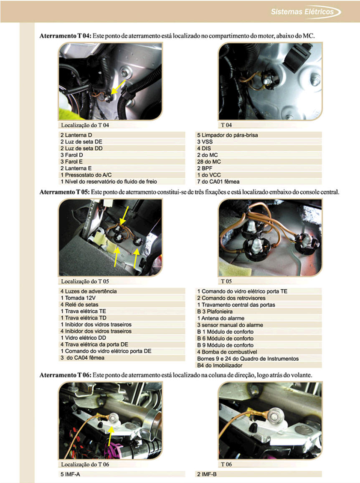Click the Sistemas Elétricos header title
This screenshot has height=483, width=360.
pyautogui.click(x=302, y=12)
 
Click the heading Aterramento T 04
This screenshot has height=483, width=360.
pyautogui.click(x=65, y=36)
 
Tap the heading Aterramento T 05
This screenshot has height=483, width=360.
pyautogui.click(x=65, y=192)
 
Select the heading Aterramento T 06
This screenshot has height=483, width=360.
pyautogui.click(x=65, y=375)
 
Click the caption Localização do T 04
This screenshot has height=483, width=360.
pyautogui.click(x=85, y=125)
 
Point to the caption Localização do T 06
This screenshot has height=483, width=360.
pyautogui.click(x=85, y=464)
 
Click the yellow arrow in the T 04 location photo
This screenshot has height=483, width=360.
pyautogui.click(x=118, y=87)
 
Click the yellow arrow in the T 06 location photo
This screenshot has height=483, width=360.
pyautogui.click(x=110, y=434)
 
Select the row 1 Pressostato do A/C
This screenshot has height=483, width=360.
pyautogui.click(x=86, y=174)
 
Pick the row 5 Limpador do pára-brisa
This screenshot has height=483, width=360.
pyautogui.click(x=228, y=135)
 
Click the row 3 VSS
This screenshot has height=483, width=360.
pyautogui.click(x=205, y=142)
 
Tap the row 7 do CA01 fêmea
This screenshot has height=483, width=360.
pyautogui.click(x=218, y=182)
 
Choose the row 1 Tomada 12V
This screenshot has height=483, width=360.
pyautogui.click(x=78, y=298)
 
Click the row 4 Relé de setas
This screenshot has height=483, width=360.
pyautogui.click(x=79, y=304)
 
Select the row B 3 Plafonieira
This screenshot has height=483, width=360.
pyautogui.click(x=215, y=311)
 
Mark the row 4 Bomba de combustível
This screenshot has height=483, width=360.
pyautogui.click(x=227, y=352)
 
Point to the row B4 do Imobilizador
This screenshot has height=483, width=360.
pyautogui.click(x=220, y=365)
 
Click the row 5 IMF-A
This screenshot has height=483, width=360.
pyautogui.click(x=70, y=474)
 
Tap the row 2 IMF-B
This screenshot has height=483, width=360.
pyautogui.click(x=207, y=474)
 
